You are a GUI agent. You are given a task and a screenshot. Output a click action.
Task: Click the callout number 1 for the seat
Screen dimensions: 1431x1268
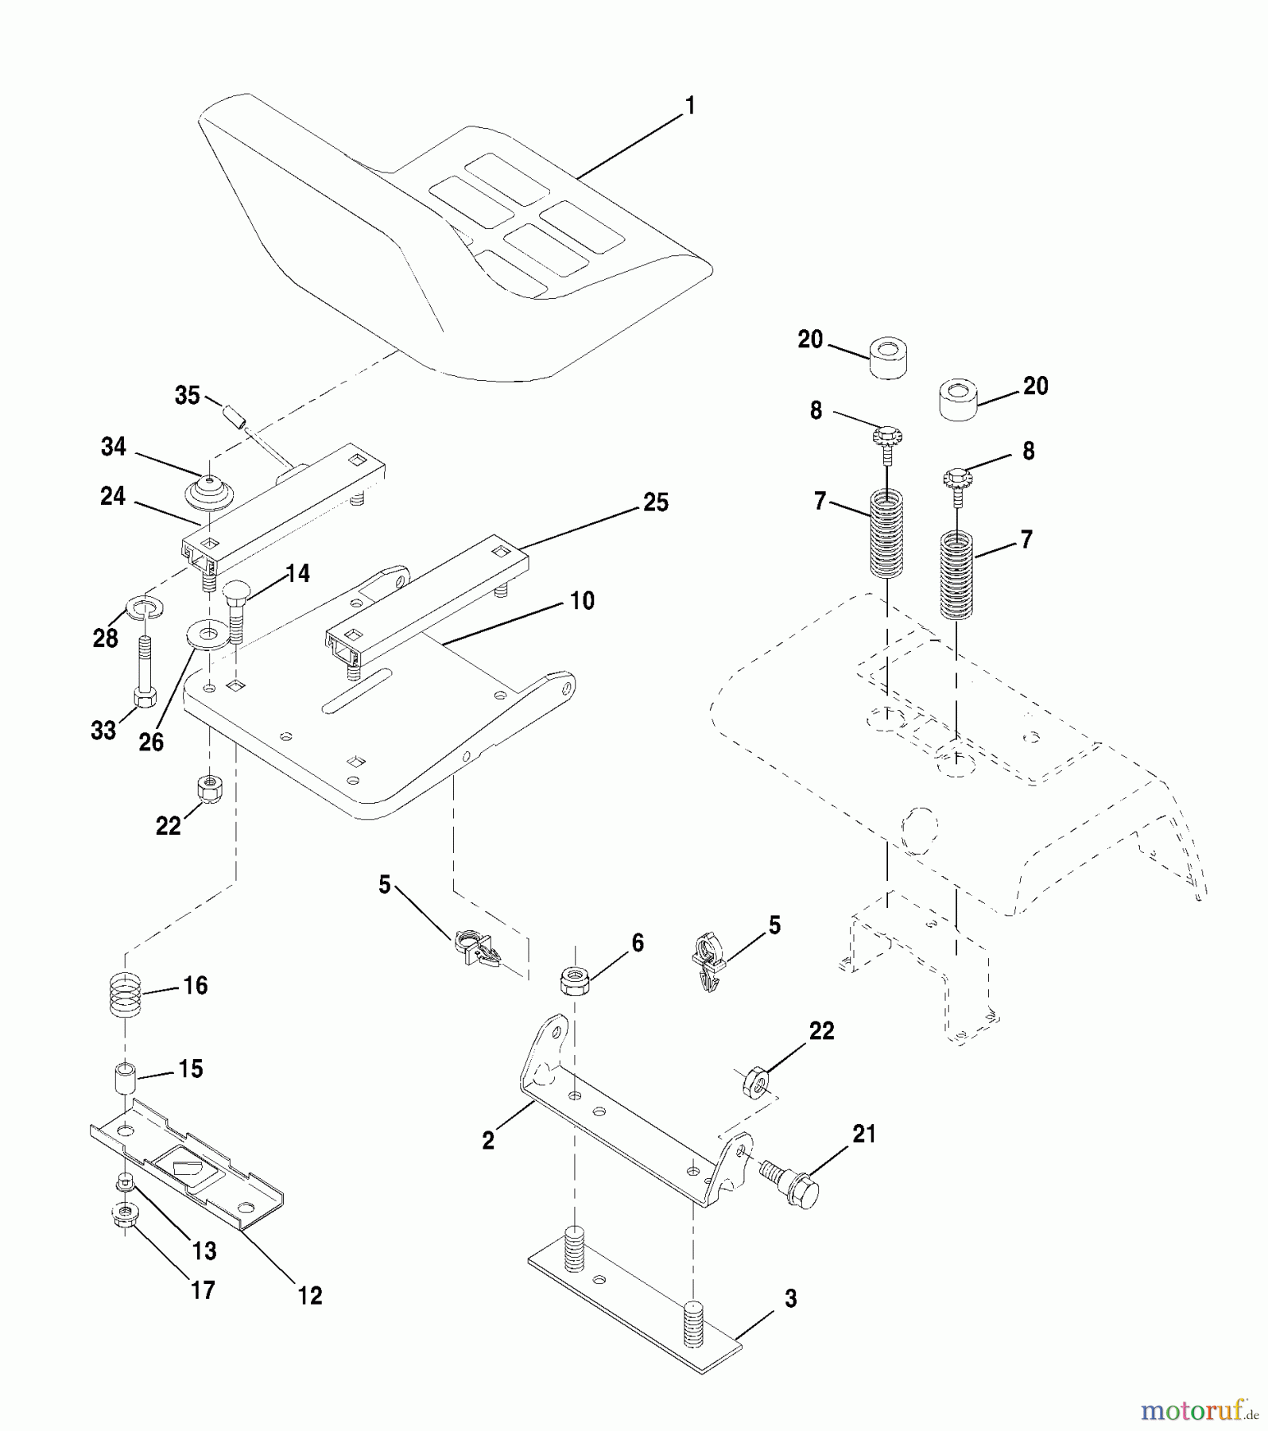pos(690,105)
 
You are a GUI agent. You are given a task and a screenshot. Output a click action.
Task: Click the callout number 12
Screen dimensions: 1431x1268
pos(310,1295)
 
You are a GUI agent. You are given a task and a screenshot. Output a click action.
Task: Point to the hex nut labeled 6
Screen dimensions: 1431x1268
pos(574,981)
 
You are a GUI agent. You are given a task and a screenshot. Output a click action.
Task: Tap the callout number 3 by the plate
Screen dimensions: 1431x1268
pos(790,1298)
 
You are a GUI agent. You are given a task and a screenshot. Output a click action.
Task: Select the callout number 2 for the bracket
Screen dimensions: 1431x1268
pos(488,1140)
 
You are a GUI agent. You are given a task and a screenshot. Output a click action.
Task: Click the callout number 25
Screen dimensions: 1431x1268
pos(655,502)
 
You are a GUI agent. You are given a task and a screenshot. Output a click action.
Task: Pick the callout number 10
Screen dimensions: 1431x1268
pos(582,600)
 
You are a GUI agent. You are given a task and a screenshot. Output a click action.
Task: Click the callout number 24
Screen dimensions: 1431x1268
pos(113,496)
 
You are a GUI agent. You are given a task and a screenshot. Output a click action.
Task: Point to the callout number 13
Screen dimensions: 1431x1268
pos(204,1251)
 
